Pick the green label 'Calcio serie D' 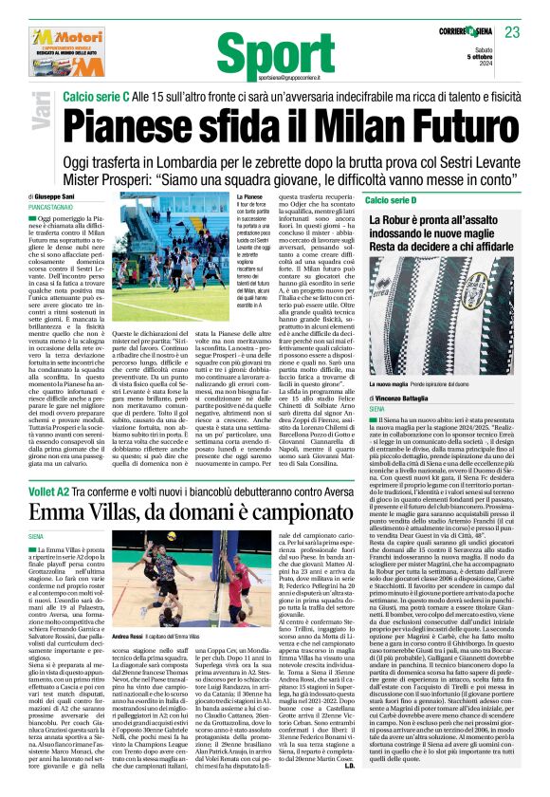click(397, 200)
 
